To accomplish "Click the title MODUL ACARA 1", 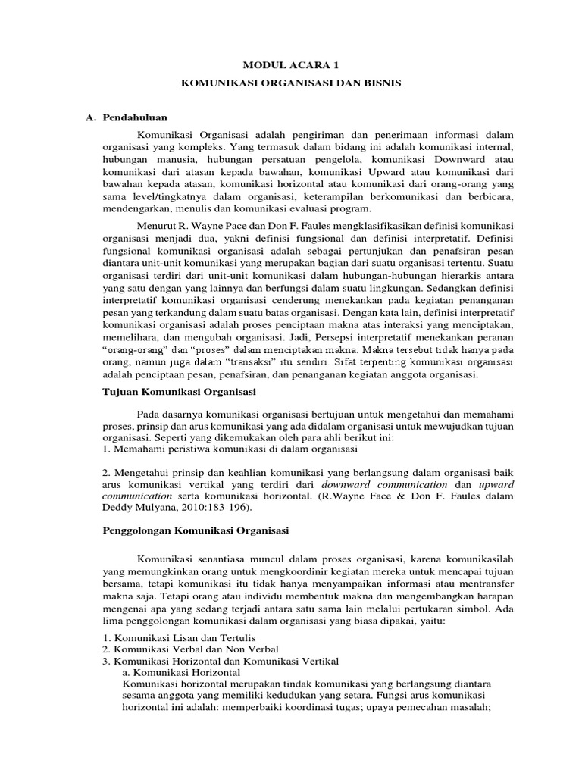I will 290,67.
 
